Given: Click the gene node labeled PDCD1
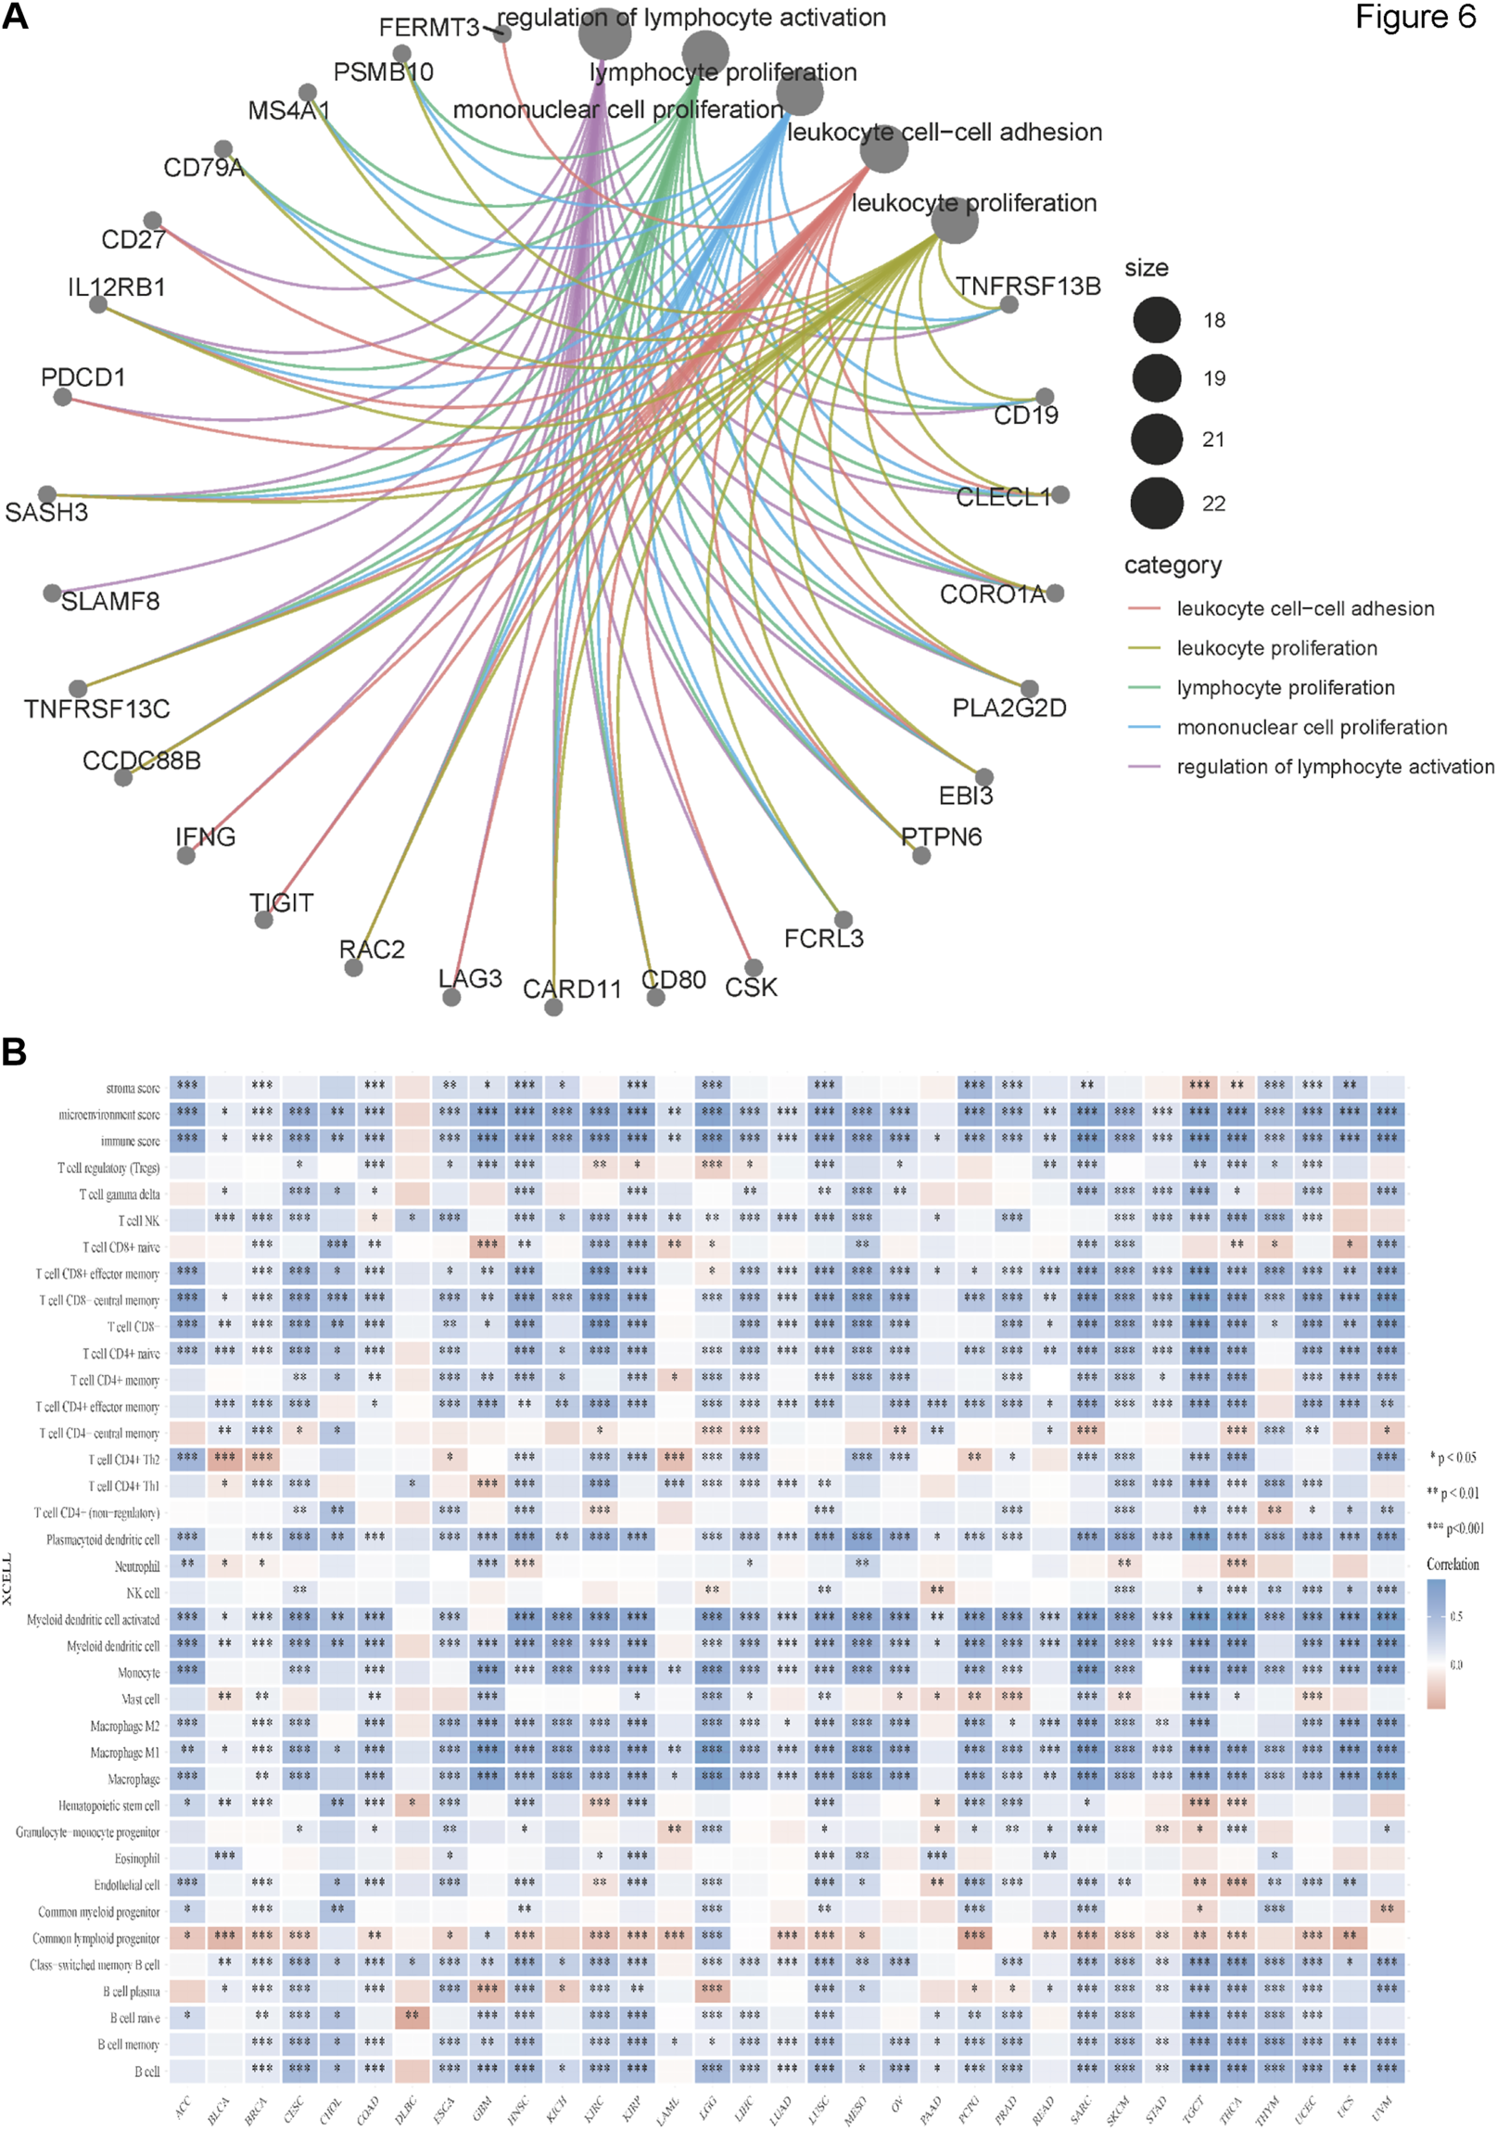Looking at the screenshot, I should point(62,397).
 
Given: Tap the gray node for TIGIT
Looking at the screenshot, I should point(264,919).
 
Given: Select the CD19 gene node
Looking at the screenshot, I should point(1045,397).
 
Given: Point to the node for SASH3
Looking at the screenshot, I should point(47,494).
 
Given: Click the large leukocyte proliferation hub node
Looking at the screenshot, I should point(956,220).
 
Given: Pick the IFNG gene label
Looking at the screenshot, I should point(205,836).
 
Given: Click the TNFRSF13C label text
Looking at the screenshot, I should point(96,708).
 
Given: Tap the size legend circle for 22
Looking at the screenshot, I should point(1157,503).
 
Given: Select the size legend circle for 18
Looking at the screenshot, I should point(1157,320).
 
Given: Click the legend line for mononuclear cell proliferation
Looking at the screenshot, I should point(1144,727).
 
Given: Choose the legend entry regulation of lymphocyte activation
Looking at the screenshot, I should point(1335,767).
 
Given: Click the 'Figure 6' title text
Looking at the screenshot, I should point(1415,18).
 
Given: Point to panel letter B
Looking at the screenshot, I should point(14,1052).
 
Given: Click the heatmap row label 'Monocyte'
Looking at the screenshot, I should point(138,1673).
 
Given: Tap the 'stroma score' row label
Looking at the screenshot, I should point(133,1088).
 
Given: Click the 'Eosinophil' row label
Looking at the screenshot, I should point(137,1859).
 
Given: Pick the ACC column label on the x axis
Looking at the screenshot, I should point(183,2107).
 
